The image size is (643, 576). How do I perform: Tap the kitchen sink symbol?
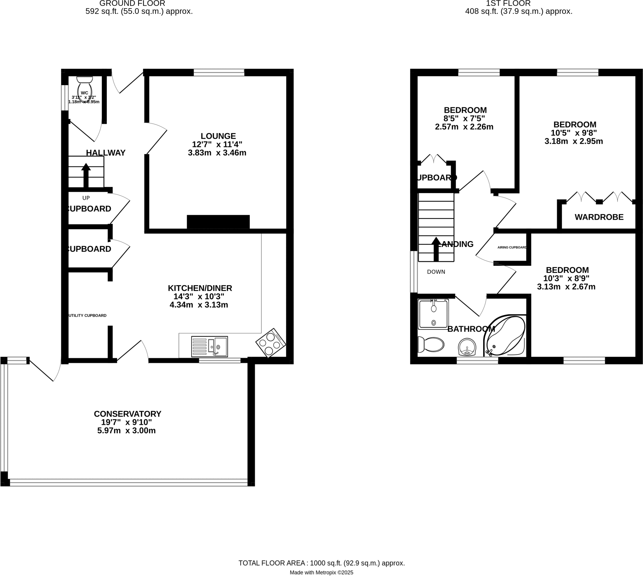[x=209, y=346]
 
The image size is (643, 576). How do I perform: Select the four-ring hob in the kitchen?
[x=271, y=343]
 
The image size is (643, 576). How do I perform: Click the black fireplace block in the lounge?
[x=218, y=221]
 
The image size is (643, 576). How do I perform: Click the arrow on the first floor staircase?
[x=436, y=249]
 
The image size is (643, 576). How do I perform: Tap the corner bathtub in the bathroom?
[x=506, y=336]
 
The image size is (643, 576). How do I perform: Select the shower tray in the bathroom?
[x=433, y=314]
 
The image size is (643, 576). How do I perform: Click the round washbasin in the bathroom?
[x=467, y=347]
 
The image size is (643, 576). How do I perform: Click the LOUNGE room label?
[x=218, y=136]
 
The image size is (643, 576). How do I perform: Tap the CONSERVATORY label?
[x=127, y=414]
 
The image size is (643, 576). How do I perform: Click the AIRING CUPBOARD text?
[x=512, y=247]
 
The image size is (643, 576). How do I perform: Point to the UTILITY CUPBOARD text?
[x=88, y=316]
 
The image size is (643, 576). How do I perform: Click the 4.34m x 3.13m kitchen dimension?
[x=199, y=305]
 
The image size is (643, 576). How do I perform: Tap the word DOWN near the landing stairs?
[x=436, y=272]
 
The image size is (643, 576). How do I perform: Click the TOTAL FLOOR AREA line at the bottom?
[x=321, y=563]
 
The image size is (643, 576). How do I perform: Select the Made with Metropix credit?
[x=321, y=572]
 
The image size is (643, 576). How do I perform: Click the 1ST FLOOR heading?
[x=508, y=3]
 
